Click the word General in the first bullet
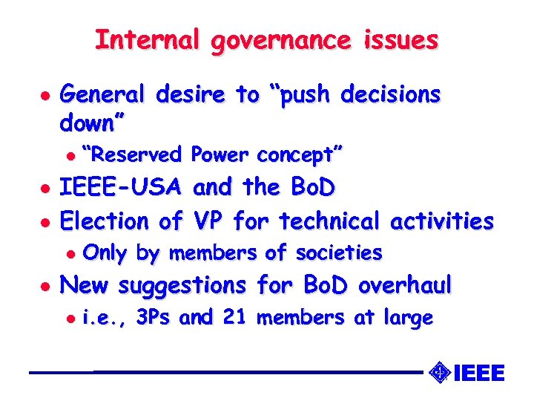pos(104,95)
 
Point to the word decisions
pos(391,95)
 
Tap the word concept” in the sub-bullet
pos(300,155)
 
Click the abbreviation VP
pos(208,221)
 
